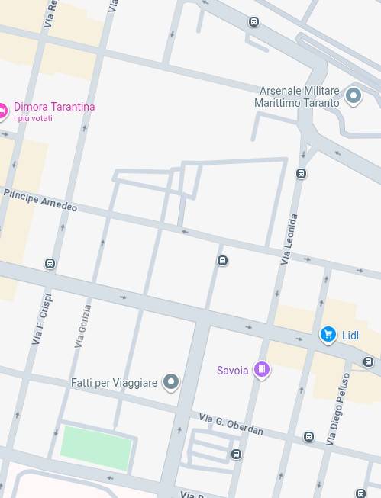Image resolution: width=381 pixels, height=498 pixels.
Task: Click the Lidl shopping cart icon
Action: click(328, 335)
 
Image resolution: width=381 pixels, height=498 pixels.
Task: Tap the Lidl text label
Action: click(350, 336)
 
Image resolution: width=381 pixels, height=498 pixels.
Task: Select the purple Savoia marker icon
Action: click(261, 371)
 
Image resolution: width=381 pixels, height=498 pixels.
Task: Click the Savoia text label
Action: click(232, 371)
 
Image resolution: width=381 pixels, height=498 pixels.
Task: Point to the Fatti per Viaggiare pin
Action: click(171, 382)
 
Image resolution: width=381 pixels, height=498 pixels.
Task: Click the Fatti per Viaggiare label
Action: click(114, 383)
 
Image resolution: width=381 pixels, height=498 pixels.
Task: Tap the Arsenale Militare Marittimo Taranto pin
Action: click(353, 96)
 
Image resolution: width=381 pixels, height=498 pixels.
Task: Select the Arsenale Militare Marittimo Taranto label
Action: click(298, 97)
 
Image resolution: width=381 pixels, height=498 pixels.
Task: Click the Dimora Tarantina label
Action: click(54, 107)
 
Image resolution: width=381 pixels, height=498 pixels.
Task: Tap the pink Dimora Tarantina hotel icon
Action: click(2, 112)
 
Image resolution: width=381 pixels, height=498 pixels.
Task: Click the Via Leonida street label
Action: click(289, 239)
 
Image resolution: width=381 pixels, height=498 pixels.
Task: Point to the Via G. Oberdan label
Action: click(231, 425)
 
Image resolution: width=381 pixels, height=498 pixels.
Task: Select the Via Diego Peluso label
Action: click(337, 409)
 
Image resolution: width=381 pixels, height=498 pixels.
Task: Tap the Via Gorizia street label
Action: click(83, 326)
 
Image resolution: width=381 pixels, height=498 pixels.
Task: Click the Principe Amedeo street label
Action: click(40, 201)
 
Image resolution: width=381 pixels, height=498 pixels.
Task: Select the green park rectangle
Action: click(96, 447)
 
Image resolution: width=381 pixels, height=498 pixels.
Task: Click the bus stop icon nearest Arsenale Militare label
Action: click(301, 174)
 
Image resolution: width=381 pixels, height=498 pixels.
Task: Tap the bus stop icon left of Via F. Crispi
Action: click(50, 264)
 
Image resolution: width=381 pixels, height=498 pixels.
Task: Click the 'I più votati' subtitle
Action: click(33, 118)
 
